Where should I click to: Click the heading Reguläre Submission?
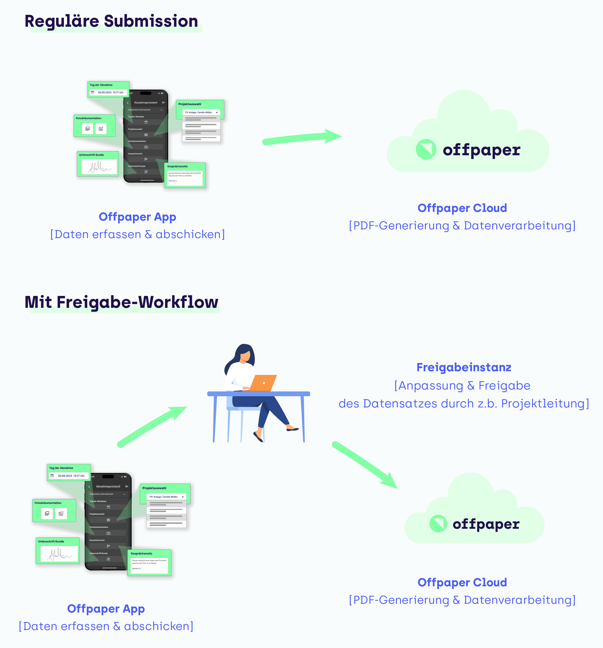click(111, 22)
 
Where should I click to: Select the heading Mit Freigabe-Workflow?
click(121, 302)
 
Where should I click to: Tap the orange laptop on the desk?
click(263, 383)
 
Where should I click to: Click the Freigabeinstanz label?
click(463, 367)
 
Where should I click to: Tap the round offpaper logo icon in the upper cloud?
click(426, 149)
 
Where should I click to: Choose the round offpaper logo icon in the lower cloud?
click(438, 524)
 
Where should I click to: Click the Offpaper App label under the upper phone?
click(137, 217)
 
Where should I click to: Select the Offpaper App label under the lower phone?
click(106, 609)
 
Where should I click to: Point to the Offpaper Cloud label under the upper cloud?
click(462, 208)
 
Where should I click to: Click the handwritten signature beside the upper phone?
click(99, 167)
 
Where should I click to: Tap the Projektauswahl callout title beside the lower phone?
click(154, 488)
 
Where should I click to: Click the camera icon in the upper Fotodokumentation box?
click(101, 129)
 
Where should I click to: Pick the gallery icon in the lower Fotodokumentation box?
click(47, 513)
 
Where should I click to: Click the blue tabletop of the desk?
click(258, 394)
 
